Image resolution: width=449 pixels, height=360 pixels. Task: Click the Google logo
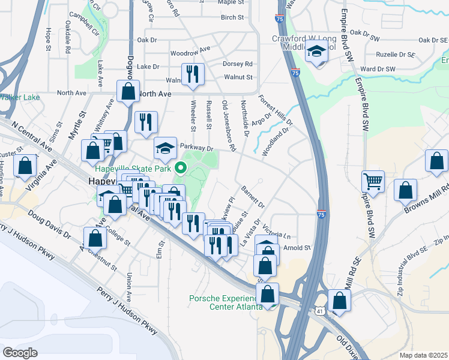pos(20,353)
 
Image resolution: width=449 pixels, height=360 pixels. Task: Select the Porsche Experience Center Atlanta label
pos(226,302)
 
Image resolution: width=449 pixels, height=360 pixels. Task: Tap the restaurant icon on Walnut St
pos(193,74)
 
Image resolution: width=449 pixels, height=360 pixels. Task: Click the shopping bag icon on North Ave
pos(128,92)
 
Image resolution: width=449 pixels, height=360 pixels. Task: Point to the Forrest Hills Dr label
pos(275,109)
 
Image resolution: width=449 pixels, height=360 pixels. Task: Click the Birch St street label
pos(232,17)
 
